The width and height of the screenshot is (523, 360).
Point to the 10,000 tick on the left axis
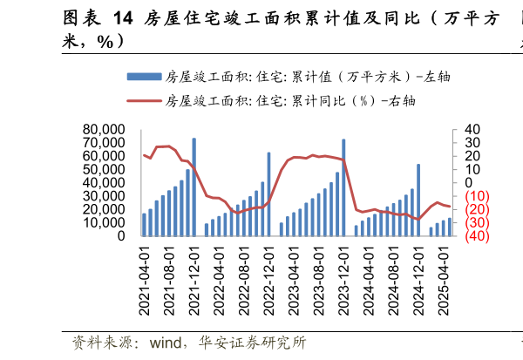click(x=102, y=223)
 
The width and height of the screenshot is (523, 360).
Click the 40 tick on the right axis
click(x=472, y=131)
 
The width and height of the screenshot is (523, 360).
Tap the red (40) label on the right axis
click(x=475, y=236)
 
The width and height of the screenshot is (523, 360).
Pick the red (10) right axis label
click(x=475, y=196)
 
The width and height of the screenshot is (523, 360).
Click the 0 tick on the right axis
click(x=469, y=183)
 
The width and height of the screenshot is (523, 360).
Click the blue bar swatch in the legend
click(x=143, y=76)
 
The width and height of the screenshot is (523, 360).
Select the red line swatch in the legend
click(x=143, y=100)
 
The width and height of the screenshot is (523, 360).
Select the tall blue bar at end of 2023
click(x=343, y=187)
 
